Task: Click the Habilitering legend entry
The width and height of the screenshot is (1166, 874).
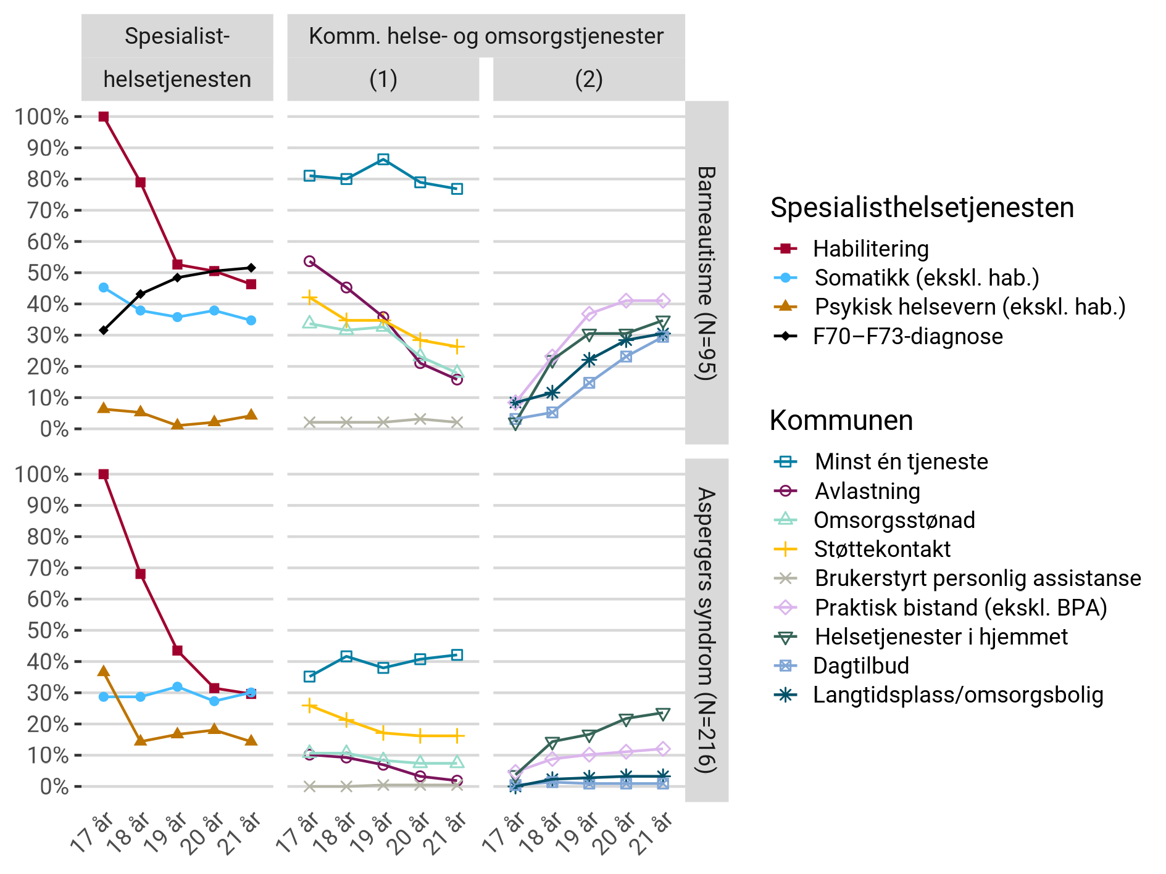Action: tap(870, 249)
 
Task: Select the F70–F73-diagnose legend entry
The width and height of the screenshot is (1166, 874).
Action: tap(907, 336)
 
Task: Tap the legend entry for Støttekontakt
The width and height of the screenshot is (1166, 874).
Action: tap(882, 549)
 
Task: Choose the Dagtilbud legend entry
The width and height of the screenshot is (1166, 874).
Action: tap(861, 666)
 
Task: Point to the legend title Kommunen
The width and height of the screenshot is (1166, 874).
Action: tap(841, 421)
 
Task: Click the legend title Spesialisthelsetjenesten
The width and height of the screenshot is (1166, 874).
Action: tap(922, 208)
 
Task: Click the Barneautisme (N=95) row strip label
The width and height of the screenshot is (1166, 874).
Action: tap(706, 273)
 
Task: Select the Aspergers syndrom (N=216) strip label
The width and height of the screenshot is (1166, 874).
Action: tap(706, 630)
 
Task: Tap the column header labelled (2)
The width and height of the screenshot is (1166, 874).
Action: tap(588, 80)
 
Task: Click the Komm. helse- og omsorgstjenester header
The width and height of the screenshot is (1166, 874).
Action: tap(486, 36)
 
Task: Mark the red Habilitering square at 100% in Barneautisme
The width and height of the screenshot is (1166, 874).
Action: tap(104, 117)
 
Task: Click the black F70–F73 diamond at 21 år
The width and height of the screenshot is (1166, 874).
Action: tap(251, 268)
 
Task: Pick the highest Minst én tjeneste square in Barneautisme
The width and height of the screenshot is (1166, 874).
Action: tap(383, 159)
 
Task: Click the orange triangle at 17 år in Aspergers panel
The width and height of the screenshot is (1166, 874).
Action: tap(104, 671)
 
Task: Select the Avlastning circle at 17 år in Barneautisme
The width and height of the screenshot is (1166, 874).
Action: tap(310, 262)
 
